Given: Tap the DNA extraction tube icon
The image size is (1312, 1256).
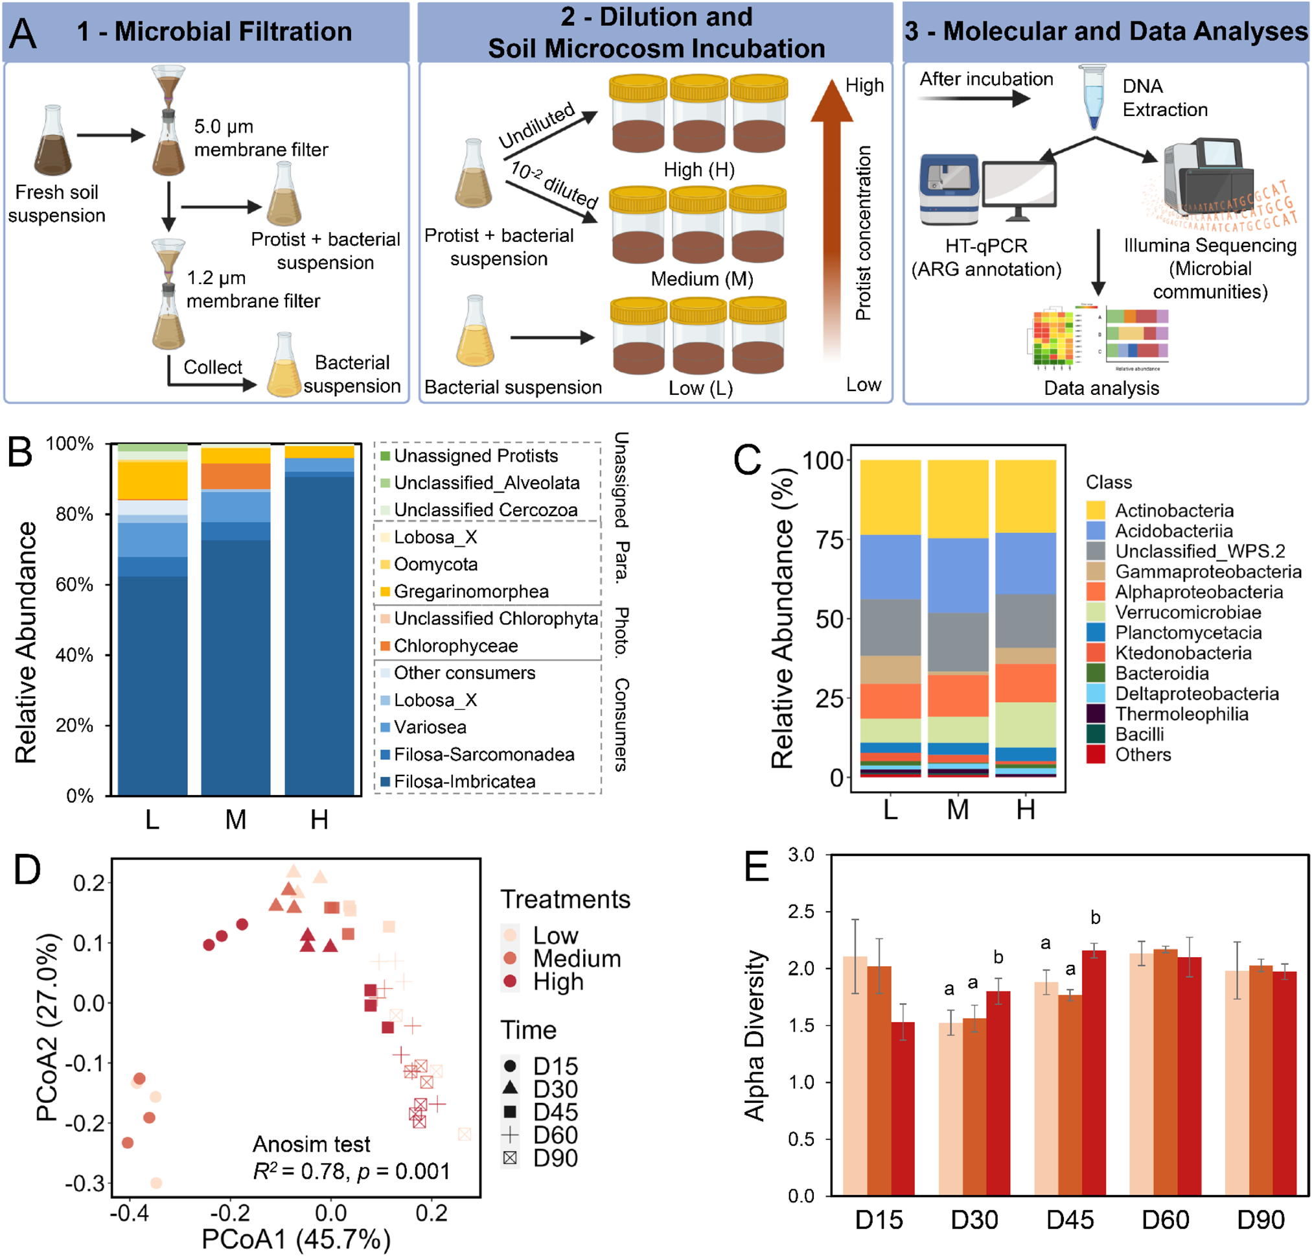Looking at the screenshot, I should click(1092, 97).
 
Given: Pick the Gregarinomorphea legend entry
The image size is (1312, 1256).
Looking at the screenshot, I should click(470, 591).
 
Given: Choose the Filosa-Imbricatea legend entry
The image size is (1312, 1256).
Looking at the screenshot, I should click(464, 781).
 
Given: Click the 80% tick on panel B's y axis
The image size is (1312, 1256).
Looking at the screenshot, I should click(75, 514).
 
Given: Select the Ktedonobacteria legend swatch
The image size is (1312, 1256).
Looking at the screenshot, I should click(1095, 653).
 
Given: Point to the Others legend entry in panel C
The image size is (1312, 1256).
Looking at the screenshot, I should click(1142, 755).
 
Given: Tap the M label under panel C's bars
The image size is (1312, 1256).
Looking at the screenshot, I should click(958, 810).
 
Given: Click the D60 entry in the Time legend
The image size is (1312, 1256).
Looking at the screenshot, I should click(555, 1135).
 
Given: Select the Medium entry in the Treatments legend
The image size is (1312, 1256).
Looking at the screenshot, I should click(576, 958).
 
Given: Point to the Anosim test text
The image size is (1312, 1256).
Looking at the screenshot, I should click(311, 1144).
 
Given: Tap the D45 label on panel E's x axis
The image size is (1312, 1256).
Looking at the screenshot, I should click(1069, 1220).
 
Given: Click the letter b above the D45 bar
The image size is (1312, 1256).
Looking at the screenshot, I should click(1094, 918).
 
